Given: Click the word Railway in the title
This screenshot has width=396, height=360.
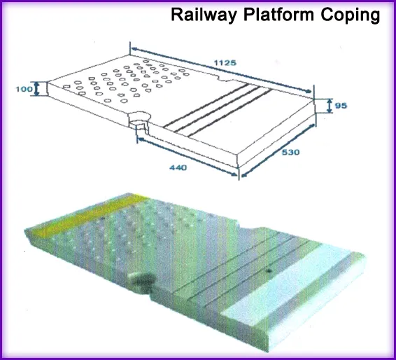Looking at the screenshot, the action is click(204, 15).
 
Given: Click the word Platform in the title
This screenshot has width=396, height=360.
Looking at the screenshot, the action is click(279, 15).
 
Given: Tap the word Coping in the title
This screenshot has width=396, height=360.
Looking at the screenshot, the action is click(351, 15).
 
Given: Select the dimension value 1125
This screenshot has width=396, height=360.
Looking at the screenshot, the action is click(225, 63).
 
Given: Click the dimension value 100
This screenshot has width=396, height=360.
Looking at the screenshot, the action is click(24, 89).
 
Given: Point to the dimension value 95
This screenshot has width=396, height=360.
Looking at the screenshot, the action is click(341, 106).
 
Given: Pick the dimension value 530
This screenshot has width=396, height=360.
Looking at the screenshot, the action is click(290, 152).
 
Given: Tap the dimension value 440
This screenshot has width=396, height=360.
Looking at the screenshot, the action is click(178, 167).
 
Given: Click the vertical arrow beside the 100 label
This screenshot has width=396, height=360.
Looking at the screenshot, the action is click(37, 89).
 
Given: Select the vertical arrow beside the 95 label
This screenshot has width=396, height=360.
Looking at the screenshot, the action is click(329, 106).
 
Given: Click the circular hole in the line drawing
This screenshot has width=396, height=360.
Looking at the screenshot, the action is click(139, 118).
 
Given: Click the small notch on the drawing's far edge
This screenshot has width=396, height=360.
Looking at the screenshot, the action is click(227, 78).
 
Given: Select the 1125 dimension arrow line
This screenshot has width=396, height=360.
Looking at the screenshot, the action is click(221, 69).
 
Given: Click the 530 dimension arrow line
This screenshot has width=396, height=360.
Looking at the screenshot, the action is click(278, 150).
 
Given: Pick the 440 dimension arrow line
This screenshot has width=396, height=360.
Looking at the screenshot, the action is click(188, 157).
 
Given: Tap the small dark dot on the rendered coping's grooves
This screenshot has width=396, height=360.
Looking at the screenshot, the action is click(269, 271).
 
